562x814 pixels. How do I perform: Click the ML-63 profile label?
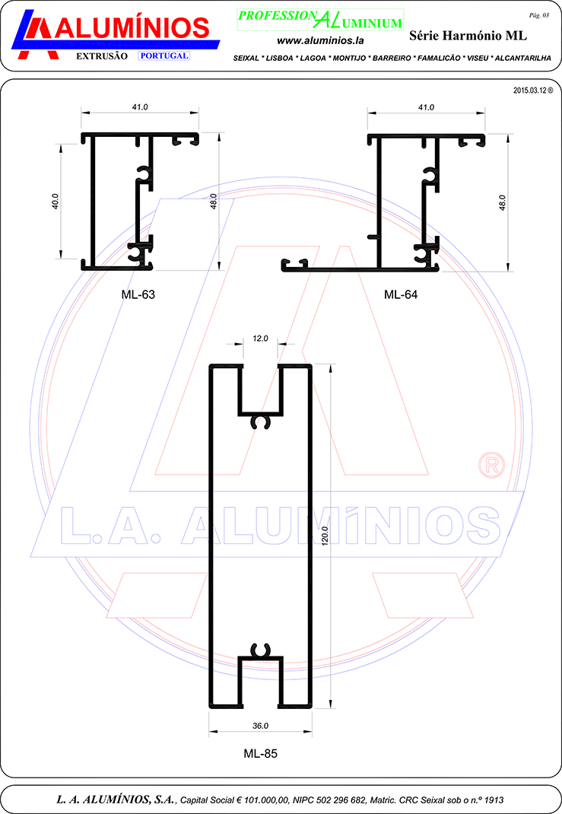(138, 294)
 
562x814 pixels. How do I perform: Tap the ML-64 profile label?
(401, 294)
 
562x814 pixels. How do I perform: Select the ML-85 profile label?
(261, 753)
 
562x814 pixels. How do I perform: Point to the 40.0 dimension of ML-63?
(55, 202)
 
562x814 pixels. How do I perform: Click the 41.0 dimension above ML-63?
(140, 107)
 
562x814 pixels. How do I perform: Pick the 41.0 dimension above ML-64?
(426, 107)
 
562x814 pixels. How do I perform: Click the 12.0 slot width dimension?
(261, 339)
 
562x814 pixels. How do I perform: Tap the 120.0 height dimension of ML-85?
(325, 536)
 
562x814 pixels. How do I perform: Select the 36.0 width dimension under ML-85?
(261, 726)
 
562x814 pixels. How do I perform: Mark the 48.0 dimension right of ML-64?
(502, 202)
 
